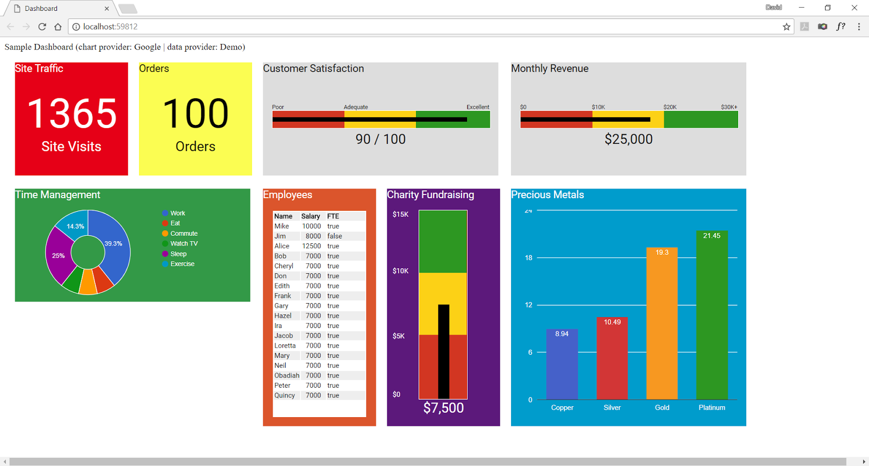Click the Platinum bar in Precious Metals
(711, 320)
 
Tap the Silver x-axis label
(612, 407)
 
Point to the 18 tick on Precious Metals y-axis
(528, 257)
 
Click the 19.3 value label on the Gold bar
(662, 253)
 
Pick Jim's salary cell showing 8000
(313, 236)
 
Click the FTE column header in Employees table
(333, 216)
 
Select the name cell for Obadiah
(287, 375)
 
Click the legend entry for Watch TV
(184, 243)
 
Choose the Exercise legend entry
(182, 264)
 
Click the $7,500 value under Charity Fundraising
(443, 408)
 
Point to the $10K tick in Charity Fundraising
(400, 270)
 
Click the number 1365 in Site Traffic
(72, 114)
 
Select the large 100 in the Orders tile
(196, 114)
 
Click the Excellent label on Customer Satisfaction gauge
(477, 107)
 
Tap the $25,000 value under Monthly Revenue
(628, 139)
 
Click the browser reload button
(42, 27)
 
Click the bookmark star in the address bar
(786, 27)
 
